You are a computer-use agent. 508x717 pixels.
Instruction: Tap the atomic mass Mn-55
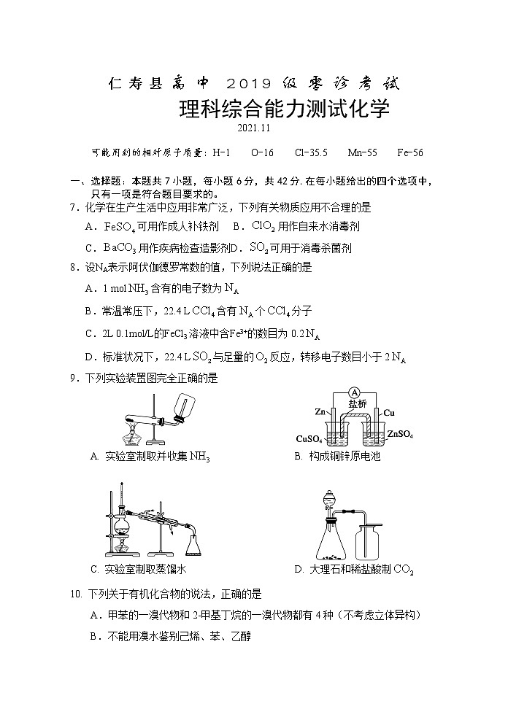(362, 153)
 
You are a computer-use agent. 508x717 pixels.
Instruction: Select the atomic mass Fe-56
(410, 153)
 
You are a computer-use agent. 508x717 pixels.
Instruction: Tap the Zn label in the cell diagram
(320, 413)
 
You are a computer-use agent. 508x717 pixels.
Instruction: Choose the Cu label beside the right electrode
(390, 413)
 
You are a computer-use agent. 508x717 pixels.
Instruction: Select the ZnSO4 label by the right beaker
(400, 435)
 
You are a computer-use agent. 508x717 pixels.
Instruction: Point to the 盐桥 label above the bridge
(357, 403)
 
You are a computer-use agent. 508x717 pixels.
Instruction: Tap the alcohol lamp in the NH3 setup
(136, 436)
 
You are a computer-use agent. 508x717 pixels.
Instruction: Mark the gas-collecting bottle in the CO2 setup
(369, 543)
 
